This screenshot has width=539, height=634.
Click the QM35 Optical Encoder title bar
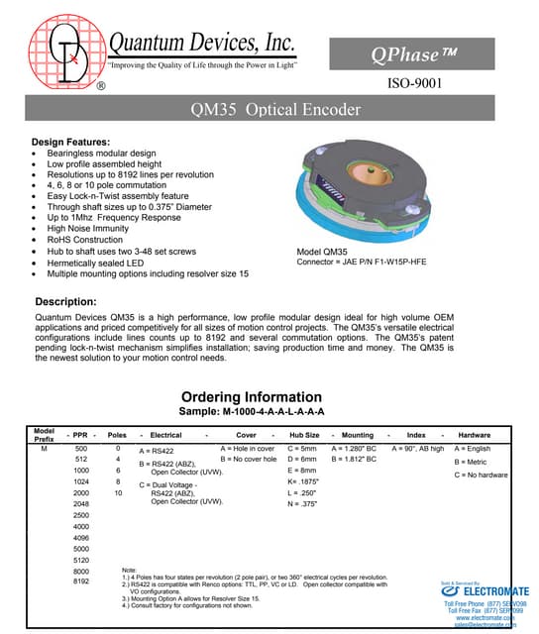269,110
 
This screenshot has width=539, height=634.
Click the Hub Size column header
304,434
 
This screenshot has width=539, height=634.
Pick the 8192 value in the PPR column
81,582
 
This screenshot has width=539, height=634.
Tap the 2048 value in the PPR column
81,503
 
